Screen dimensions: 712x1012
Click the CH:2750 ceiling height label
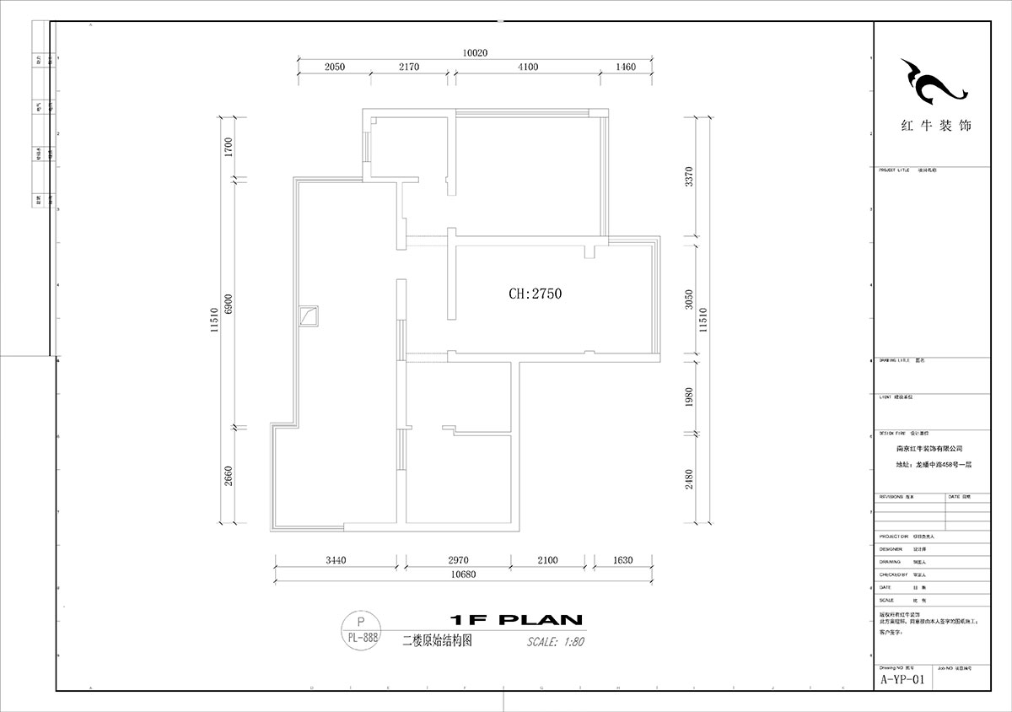click(535, 294)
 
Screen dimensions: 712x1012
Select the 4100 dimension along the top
click(527, 67)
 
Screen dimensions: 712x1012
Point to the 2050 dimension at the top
click(335, 67)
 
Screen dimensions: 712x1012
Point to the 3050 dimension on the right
click(689, 299)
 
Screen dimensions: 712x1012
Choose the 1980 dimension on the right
click(689, 396)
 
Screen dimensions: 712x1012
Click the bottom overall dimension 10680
click(464, 575)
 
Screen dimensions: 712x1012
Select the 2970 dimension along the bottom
click(458, 560)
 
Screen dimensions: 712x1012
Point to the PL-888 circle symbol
click(362, 632)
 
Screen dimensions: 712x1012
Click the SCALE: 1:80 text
click(555, 641)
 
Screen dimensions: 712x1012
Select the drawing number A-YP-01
click(902, 679)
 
